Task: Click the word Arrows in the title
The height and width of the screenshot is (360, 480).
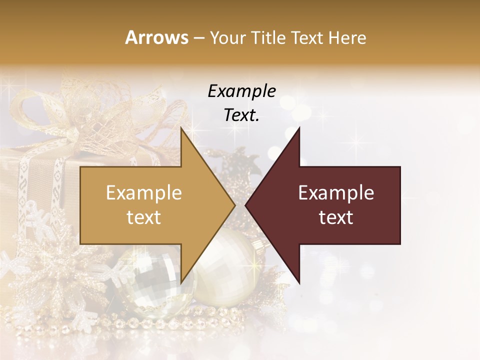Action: coord(157,38)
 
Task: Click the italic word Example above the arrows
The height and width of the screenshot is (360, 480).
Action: coord(241,91)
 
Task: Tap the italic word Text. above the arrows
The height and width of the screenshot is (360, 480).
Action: coord(241,115)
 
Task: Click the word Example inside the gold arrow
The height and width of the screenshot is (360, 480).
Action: coord(144,193)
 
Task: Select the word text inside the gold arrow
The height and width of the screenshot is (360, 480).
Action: coord(144,217)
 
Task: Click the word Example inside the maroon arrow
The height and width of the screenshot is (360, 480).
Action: coord(336,193)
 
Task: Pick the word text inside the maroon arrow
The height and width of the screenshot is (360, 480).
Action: coord(336,217)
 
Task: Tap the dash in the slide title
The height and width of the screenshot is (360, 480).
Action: coord(198,38)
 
